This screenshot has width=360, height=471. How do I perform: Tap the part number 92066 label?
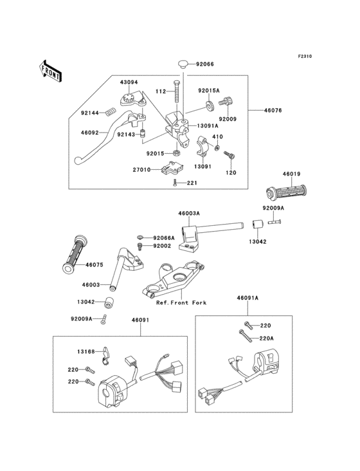tap(205, 64)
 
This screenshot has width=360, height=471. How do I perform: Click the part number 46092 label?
tap(89, 133)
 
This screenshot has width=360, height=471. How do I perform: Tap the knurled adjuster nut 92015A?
tap(210, 106)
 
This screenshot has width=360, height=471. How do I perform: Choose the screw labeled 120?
tap(230, 155)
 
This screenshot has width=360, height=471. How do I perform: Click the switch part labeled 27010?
tap(170, 167)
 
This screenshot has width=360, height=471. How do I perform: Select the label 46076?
tap(273, 110)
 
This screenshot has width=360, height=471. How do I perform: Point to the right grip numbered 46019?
tap(287, 192)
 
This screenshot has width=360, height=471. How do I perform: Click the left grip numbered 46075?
tap(75, 254)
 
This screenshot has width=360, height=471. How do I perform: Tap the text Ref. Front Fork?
tap(181, 303)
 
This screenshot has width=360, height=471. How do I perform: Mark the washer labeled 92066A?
tap(140, 237)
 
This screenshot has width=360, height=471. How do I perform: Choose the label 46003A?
tap(189, 213)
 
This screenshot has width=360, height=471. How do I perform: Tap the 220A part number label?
tap(267, 338)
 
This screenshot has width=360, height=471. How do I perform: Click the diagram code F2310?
tap(305, 56)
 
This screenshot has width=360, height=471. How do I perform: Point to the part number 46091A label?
tap(248, 298)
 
